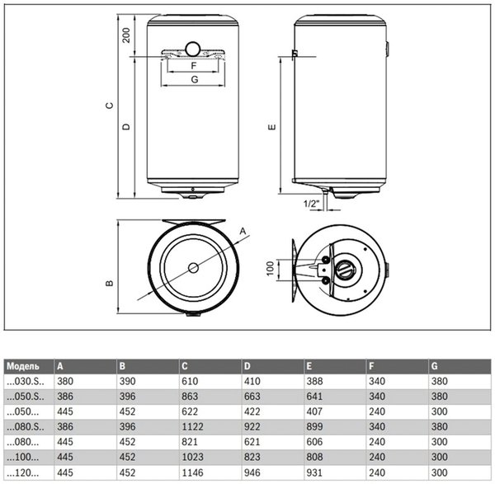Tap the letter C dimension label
(x=109, y=106)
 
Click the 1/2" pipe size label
(x=311, y=202)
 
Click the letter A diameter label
(x=243, y=232)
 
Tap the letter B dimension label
(x=109, y=283)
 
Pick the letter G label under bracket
(x=194, y=80)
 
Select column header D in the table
(x=247, y=366)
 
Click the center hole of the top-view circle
(x=192, y=268)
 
